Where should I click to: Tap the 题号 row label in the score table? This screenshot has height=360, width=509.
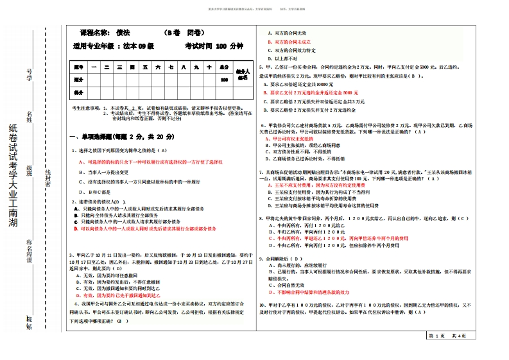[78, 67]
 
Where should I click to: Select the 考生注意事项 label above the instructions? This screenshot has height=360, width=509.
[86, 108]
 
